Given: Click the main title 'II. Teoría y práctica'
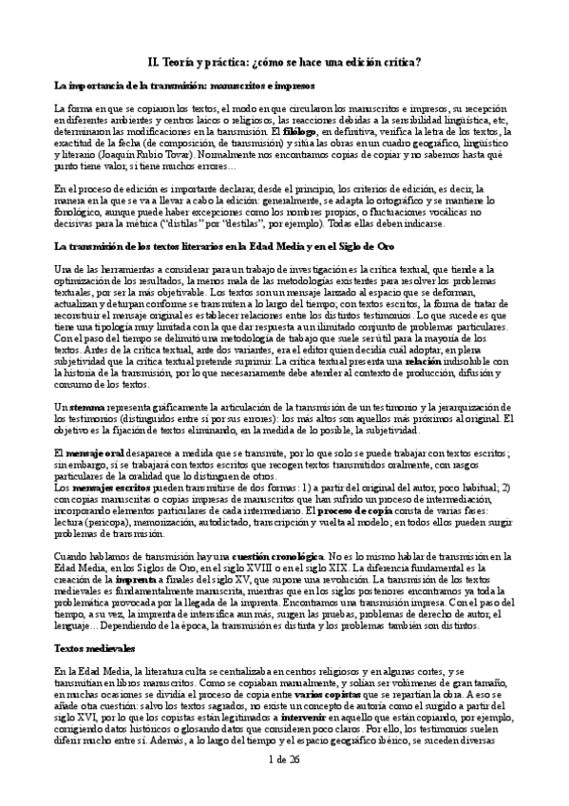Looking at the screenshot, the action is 284,63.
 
